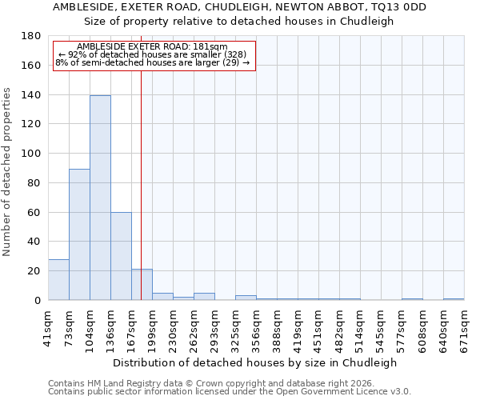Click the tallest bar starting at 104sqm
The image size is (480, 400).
[x=100, y=198]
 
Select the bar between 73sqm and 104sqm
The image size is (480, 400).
[x=79, y=234]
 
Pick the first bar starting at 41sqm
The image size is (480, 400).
[x=58, y=280]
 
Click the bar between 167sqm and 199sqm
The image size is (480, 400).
[x=142, y=285]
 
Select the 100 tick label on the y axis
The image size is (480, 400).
[x=31, y=154]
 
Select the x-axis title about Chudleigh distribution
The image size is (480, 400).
[x=254, y=362]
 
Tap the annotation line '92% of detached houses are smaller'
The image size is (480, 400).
[x=153, y=54]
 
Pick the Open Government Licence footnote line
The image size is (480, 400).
[x=229, y=392]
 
